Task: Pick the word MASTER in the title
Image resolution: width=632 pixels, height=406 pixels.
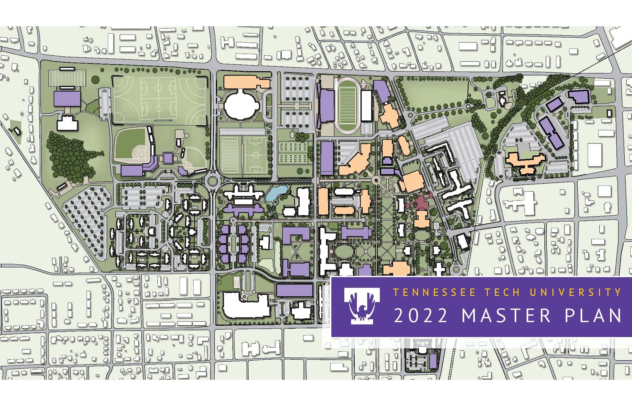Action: click(x=506, y=316)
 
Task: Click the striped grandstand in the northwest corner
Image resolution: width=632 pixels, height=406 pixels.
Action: click(x=67, y=77)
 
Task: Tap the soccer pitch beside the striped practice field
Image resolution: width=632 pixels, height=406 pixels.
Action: click(x=256, y=154)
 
